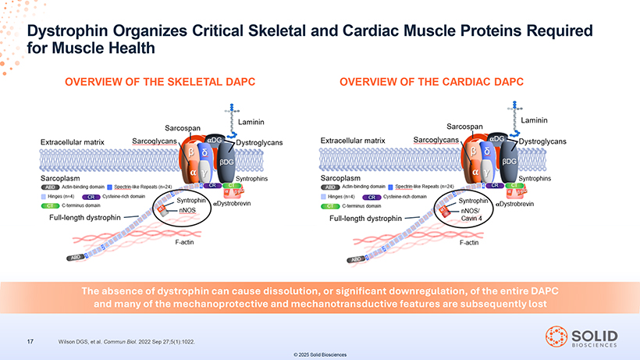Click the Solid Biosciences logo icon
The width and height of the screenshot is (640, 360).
coord(556,334)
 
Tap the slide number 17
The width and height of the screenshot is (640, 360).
coord(30,340)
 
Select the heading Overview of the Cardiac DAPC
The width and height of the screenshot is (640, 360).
coord(432,81)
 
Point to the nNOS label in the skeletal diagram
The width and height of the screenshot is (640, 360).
coord(187,210)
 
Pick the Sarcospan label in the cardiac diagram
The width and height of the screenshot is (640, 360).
coord(464,127)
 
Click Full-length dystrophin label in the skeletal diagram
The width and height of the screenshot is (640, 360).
coord(80,217)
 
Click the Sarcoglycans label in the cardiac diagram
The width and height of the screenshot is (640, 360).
coord(436,140)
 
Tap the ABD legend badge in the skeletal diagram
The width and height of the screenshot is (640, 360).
coord(48,187)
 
